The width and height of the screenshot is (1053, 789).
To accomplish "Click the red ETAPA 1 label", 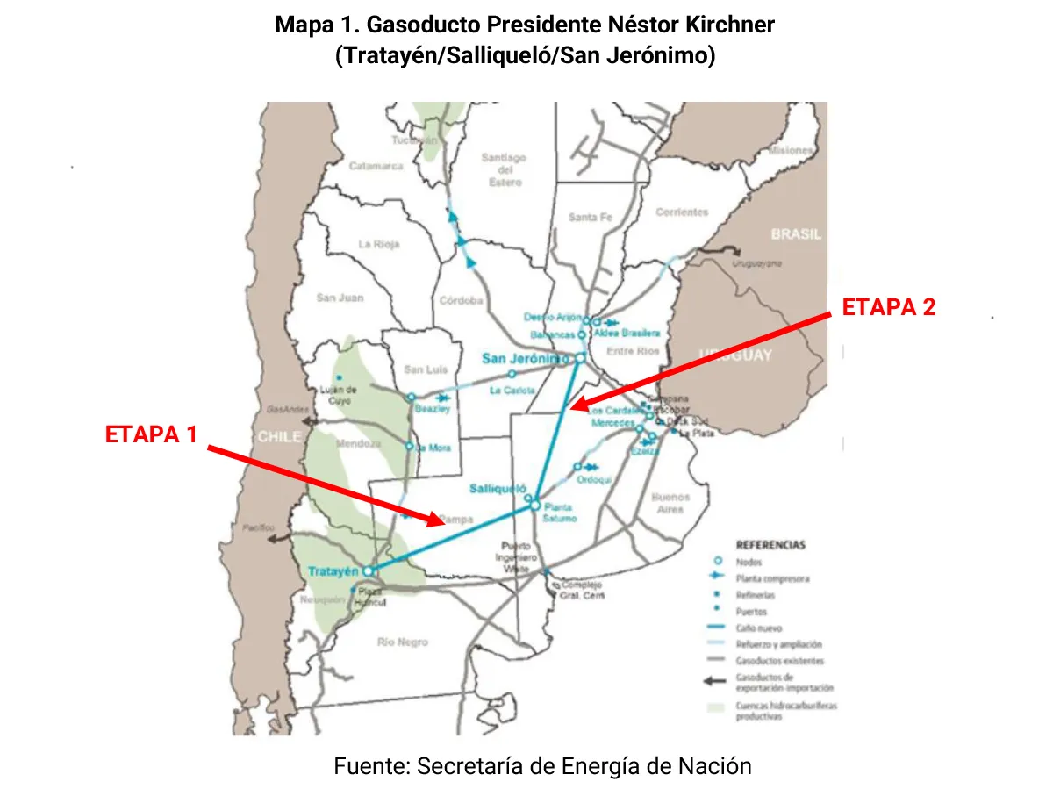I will [151, 434].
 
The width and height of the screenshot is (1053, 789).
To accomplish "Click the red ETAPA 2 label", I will [888, 307].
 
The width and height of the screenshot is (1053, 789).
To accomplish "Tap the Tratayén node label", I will [333, 571].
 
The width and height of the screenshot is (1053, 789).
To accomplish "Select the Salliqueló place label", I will [497, 488].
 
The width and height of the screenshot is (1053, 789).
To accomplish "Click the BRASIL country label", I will [796, 234].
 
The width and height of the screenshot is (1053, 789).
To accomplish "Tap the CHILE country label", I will [280, 436].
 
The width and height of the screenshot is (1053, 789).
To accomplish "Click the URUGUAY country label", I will [735, 355].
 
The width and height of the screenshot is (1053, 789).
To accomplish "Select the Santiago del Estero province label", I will [504, 170].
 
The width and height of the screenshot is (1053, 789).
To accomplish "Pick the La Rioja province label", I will [378, 244].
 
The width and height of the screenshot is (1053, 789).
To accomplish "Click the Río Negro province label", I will [402, 642].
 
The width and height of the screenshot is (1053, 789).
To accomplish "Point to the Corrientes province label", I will [681, 212].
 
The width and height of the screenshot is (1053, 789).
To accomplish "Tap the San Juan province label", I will [340, 298].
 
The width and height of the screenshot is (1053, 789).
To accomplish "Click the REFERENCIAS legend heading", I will [770, 545].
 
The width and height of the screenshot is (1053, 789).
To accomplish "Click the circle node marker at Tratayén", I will [369, 570].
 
